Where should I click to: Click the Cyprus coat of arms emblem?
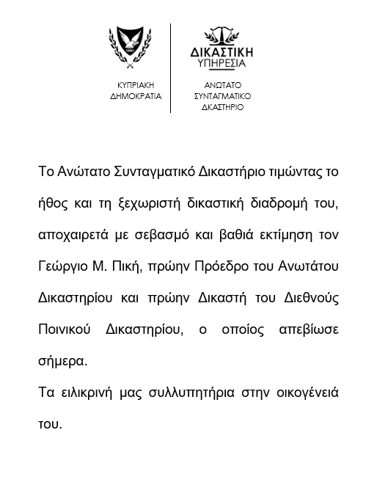tap(130, 49)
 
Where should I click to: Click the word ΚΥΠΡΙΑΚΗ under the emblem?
tap(136, 85)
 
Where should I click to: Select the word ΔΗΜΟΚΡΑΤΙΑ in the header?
tap(136, 96)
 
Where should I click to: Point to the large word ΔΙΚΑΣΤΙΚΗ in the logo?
tap(222, 53)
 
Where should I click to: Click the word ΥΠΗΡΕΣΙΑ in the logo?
tap(222, 65)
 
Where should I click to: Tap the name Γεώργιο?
tap(65, 266)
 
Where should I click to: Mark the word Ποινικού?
tap(64, 329)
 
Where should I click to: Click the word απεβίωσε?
tap(309, 329)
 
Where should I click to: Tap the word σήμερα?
tap(62, 361)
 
